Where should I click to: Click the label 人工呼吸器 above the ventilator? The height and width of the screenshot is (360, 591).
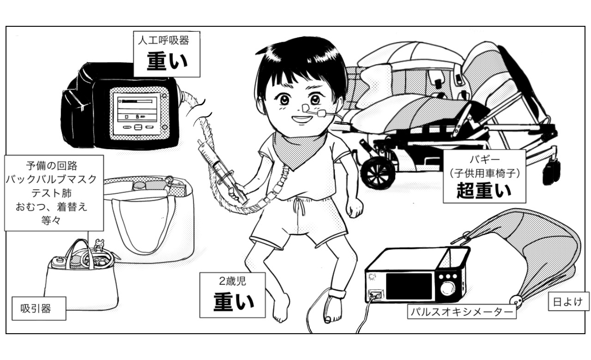tap(163, 41)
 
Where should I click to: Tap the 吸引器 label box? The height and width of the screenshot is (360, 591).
tap(39, 308)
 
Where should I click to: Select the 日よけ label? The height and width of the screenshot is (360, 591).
tap(568, 301)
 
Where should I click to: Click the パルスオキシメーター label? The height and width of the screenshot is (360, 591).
tap(462, 312)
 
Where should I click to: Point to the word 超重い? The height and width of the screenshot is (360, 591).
tap(484, 191)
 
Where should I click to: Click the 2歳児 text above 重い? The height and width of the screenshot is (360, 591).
tap(232, 281)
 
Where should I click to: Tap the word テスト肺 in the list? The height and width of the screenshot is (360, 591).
tap(51, 193)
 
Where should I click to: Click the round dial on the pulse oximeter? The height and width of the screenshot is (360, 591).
tap(447, 288)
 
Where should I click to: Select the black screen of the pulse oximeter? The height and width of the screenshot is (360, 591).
tap(409, 286)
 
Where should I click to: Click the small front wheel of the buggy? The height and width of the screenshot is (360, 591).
tap(378, 173)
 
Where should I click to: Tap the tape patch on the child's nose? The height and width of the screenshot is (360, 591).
tap(305, 108)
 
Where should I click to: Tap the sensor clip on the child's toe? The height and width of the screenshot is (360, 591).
tap(327, 320)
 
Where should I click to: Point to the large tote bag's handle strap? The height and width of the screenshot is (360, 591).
tap(144, 224)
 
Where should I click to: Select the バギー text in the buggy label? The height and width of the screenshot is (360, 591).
tap(485, 159)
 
